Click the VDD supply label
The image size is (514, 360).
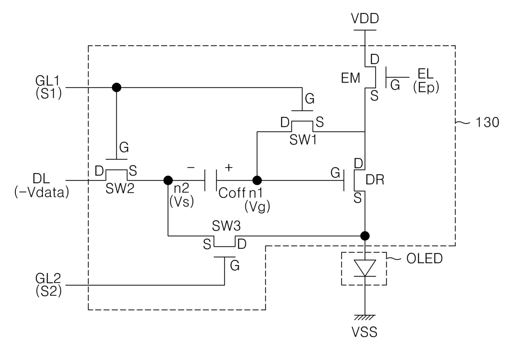(x=365, y=19)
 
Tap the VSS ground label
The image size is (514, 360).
(x=364, y=332)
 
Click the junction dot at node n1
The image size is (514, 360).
(x=257, y=180)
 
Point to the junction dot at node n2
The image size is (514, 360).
(x=168, y=180)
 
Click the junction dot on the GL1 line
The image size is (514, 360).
(x=116, y=88)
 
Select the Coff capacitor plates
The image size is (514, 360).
(x=211, y=180)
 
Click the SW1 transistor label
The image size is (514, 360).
(x=303, y=140)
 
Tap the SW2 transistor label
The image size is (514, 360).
(x=120, y=189)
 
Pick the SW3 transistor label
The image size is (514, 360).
(x=226, y=226)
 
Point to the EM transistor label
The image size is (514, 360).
(x=350, y=78)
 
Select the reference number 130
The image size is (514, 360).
(x=487, y=122)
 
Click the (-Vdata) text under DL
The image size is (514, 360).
(x=41, y=192)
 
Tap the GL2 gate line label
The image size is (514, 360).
(x=48, y=278)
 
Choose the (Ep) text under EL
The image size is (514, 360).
(x=426, y=88)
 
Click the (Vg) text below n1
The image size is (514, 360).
(x=257, y=207)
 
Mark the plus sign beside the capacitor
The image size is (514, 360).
(x=228, y=168)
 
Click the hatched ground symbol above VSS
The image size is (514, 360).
(x=365, y=318)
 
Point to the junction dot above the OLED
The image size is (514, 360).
(x=365, y=236)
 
